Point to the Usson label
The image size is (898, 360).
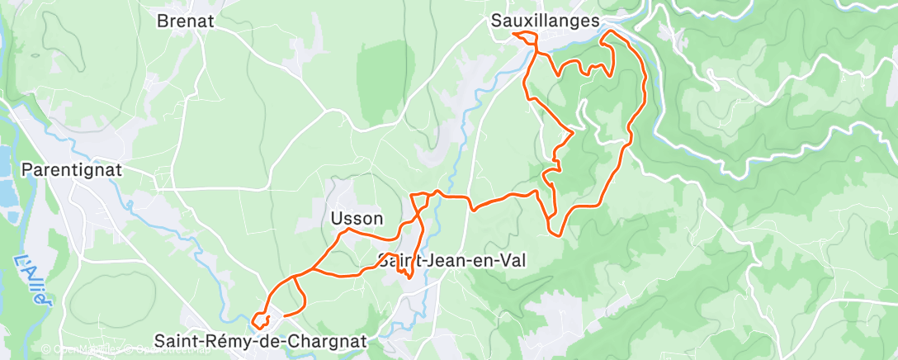(x=357, y=219)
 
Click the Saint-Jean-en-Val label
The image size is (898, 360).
(x=452, y=260)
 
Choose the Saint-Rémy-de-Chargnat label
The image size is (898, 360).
(x=260, y=340)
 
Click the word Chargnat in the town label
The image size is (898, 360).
(x=327, y=340)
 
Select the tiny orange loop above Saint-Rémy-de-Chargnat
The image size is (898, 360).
(x=260, y=320)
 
